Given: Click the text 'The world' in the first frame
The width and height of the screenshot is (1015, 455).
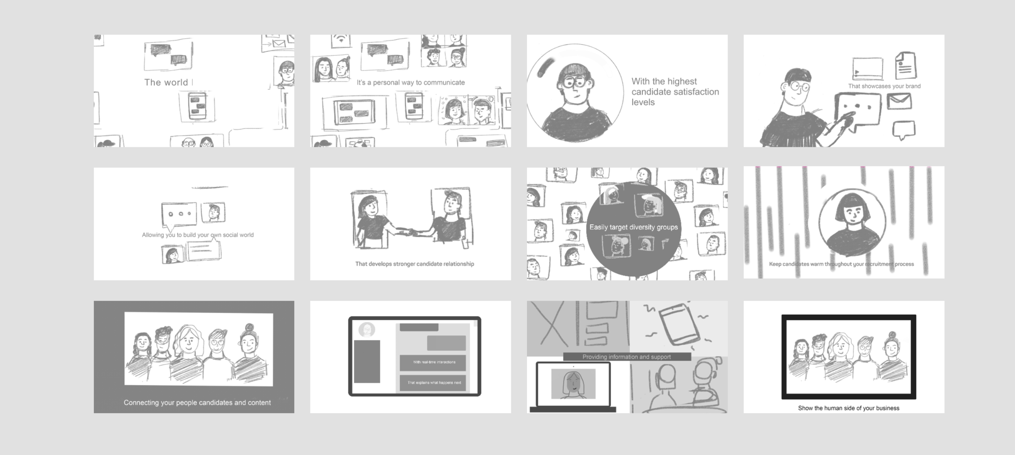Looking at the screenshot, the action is tap(166, 82).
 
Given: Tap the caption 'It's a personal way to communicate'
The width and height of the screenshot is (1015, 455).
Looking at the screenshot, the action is tap(410, 82).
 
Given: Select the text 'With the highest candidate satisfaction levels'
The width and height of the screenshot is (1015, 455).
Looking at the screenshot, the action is tap(675, 92).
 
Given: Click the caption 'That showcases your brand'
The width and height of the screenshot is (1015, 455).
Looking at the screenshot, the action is tap(884, 86).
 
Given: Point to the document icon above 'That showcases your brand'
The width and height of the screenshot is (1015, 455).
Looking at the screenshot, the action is tap(906, 65).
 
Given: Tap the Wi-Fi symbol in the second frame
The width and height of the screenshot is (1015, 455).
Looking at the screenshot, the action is tap(341, 39).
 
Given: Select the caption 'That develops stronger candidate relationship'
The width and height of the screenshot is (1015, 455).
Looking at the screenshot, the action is tap(415, 264).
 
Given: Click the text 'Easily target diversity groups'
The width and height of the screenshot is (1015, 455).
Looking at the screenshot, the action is tap(633, 227).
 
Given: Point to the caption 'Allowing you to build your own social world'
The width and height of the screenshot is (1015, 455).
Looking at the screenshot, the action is tap(198, 235).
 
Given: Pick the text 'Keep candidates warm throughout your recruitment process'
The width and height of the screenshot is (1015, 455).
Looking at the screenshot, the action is tap(841, 264).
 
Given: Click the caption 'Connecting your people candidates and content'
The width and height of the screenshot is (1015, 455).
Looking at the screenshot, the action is tap(197, 403).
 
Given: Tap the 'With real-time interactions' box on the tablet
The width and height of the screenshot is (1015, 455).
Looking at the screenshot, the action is tap(433, 362).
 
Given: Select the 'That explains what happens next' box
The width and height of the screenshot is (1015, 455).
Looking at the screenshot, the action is tap(433, 383).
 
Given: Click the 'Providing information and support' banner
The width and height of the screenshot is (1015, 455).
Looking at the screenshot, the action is tap(627, 357).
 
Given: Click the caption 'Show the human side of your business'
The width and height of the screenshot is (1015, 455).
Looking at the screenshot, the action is tap(849, 408).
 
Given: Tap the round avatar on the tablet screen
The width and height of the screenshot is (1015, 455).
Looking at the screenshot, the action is tap(367, 330).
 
